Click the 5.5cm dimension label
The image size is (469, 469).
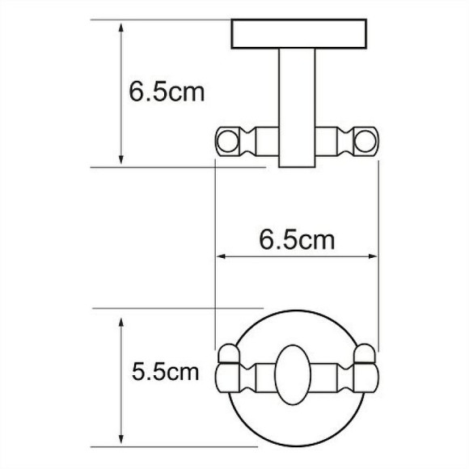[166, 372]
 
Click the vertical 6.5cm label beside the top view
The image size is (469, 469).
[167, 91]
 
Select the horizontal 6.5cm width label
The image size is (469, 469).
[297, 240]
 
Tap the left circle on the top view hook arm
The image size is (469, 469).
[227, 142]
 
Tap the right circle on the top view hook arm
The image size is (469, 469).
[365, 142]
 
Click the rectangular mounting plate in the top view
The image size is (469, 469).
[299, 34]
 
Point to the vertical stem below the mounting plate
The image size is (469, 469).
[297, 108]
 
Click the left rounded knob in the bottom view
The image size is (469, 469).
[229, 353]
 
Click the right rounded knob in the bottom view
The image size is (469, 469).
[365, 353]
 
